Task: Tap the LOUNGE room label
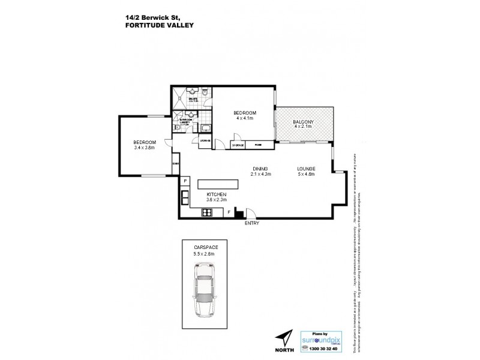[306, 169]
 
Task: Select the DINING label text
[260, 169]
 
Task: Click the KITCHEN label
[216, 195]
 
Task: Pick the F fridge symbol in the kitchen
[229, 211]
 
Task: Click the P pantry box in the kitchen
[185, 181]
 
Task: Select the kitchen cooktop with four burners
[208, 211]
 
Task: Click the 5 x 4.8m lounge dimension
[306, 175]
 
